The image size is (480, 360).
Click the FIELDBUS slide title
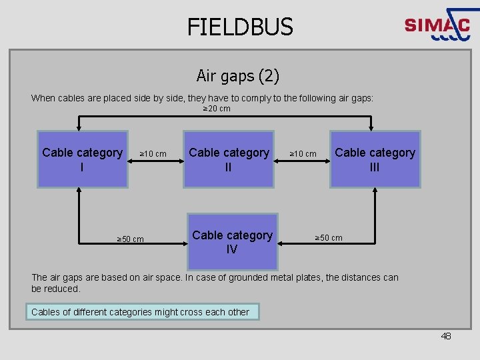[240, 27]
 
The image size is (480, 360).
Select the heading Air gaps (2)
[238, 75]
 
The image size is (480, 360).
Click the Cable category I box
[82, 159]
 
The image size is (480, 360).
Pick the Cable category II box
[229, 159]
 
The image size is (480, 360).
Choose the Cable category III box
[375, 159]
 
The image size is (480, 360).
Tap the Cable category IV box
[232, 241]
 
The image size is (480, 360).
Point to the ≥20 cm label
[217, 109]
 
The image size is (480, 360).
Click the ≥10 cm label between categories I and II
[153, 154]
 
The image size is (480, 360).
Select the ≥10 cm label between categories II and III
[303, 154]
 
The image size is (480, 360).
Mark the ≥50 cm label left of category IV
[130, 239]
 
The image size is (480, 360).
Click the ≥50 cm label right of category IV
[329, 237]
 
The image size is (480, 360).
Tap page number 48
[446, 336]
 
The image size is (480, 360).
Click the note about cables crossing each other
[141, 312]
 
